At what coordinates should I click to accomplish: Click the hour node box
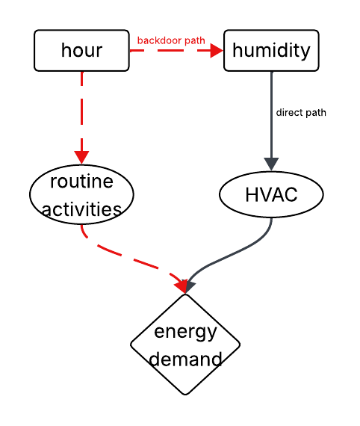tap(81, 51)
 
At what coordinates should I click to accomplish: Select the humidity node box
tap(271, 51)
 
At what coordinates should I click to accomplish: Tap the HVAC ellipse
tap(271, 195)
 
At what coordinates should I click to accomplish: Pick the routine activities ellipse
tap(81, 194)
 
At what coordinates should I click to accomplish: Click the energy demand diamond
tap(185, 345)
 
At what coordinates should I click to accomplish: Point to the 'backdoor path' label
tap(170, 40)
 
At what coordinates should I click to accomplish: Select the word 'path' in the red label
tap(193, 40)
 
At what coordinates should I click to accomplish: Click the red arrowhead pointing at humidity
tap(217, 51)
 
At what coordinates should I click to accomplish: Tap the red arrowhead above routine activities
tap(81, 158)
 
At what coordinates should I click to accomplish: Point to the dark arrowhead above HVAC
tap(271, 164)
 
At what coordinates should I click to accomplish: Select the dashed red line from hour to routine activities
tap(81, 112)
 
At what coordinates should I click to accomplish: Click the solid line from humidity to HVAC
tap(271, 112)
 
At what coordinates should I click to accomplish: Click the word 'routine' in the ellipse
tap(81, 182)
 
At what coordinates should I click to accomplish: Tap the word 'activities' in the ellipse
tap(81, 209)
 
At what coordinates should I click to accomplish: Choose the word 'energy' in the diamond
tap(185, 331)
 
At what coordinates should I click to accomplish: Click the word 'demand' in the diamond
tap(185, 359)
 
